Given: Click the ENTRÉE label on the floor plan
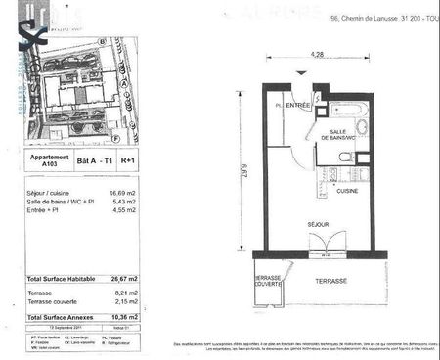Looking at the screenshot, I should (x=297, y=105).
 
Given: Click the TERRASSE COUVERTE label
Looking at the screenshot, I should (x=269, y=282).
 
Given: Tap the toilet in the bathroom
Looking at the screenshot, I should (x=362, y=127).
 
